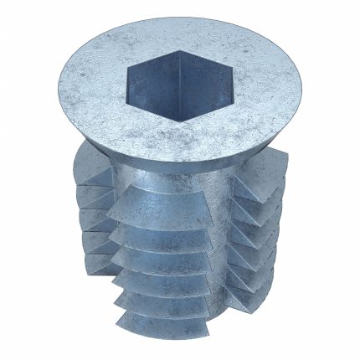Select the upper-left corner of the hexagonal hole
pos(127,67)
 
